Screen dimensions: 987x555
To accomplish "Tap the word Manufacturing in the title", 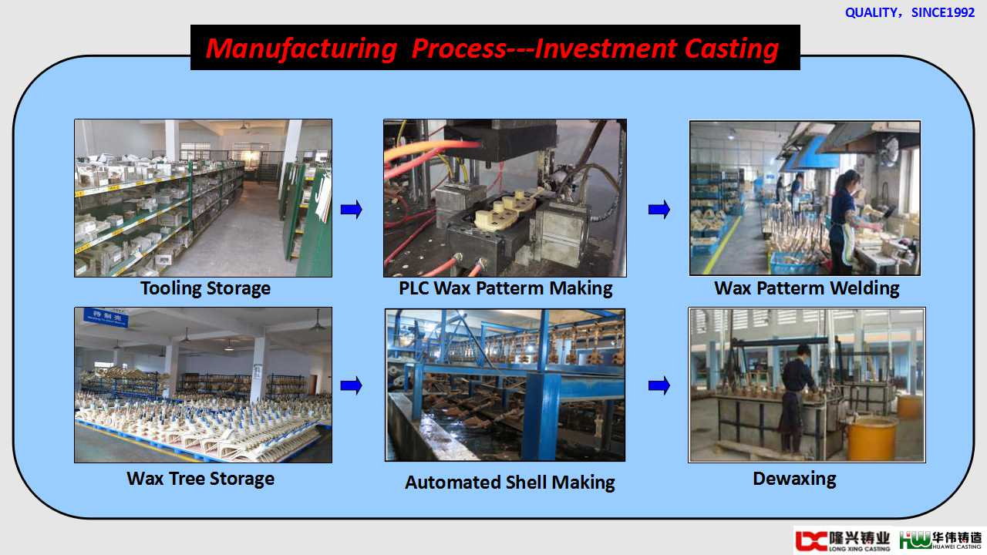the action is click(x=301, y=49).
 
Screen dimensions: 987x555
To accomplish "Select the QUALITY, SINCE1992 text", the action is click(x=909, y=12).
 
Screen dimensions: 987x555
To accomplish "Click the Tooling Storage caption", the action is click(x=205, y=288).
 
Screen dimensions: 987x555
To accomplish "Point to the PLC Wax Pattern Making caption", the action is click(x=505, y=288).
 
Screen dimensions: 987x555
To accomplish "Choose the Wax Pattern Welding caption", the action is click(x=807, y=288).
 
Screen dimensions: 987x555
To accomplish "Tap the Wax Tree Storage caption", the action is click(x=200, y=479).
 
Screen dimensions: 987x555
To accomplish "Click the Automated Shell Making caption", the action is click(x=510, y=483).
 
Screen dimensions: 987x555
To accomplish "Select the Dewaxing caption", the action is click(x=794, y=479).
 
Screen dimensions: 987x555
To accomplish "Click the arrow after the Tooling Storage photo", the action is click(x=351, y=209).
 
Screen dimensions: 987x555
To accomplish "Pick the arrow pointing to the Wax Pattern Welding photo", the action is click(x=659, y=209).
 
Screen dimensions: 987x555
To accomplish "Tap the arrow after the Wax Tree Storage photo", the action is click(x=351, y=386).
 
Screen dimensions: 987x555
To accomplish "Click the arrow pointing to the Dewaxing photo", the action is click(x=659, y=386).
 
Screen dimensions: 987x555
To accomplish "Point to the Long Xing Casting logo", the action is click(x=843, y=540).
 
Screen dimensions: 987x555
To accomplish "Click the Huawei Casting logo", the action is click(x=941, y=540).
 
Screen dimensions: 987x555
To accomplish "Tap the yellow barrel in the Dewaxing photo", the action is click(x=871, y=437).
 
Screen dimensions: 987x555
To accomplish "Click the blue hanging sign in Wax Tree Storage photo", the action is click(x=106, y=317).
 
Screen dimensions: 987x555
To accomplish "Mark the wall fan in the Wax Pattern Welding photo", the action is click(x=890, y=151).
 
